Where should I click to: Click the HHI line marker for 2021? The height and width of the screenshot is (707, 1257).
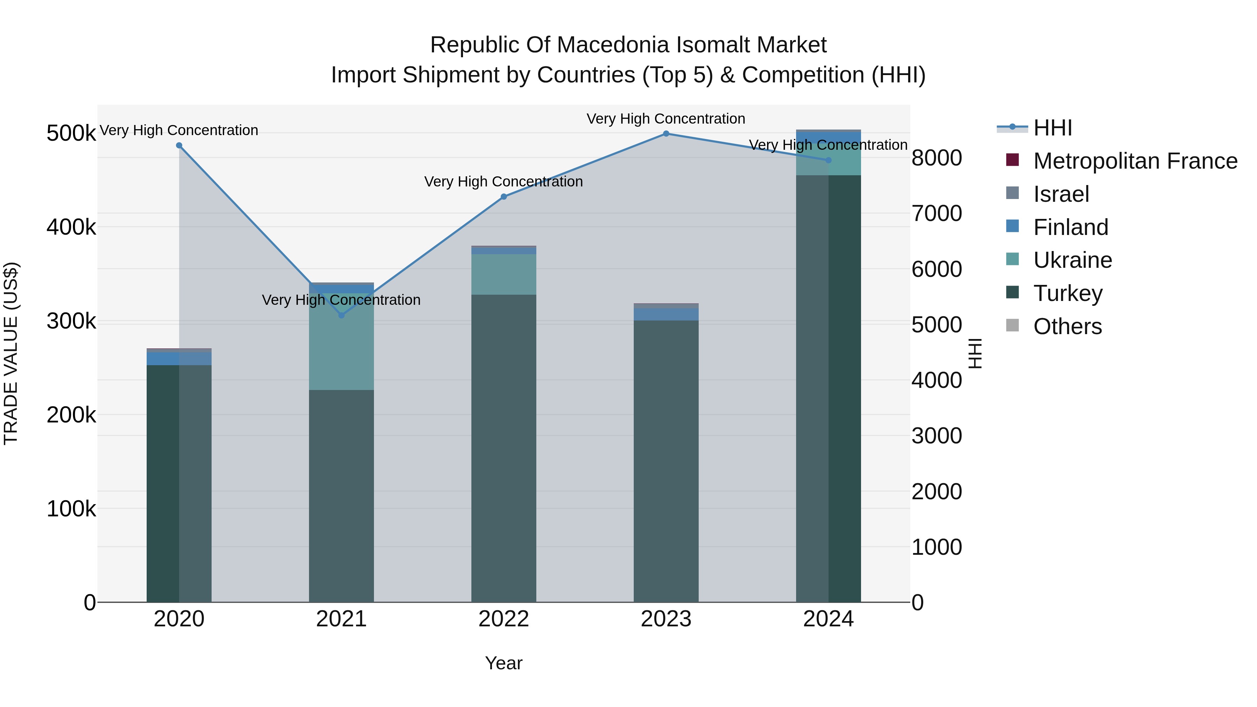[341, 315]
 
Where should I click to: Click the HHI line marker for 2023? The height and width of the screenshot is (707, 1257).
[666, 134]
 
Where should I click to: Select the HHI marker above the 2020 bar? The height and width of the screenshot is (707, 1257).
[179, 145]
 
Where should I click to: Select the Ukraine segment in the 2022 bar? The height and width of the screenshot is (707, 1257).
[503, 274]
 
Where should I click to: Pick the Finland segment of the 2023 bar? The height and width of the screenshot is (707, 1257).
[666, 314]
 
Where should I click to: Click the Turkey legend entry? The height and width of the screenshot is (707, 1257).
[1068, 293]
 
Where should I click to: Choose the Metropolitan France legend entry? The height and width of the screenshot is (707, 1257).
[1135, 161]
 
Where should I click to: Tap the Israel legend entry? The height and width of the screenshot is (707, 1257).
[1061, 194]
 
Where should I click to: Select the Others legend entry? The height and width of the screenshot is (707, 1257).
[1067, 326]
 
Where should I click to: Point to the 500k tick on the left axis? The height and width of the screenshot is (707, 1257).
[71, 133]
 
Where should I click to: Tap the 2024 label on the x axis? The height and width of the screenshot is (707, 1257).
[828, 619]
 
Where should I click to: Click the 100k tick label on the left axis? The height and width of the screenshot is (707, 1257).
[71, 509]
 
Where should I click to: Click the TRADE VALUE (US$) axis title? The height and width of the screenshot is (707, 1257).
[11, 353]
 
